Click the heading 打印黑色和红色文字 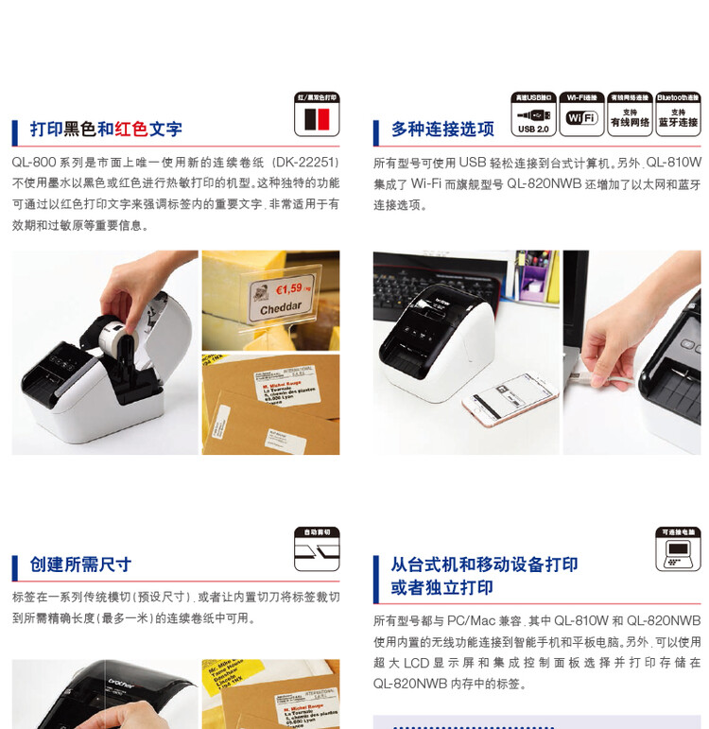coord(106,130)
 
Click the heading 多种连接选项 coord(442,130)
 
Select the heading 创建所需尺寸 coord(80,564)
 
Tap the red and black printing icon coord(317,114)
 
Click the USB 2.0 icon coord(533,114)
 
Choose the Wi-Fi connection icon coord(581,114)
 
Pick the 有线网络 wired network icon coord(630,114)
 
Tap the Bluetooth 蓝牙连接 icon coord(678,114)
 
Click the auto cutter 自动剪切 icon coord(317,549)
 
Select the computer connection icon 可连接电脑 coord(678,549)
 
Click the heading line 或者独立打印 coord(441,587)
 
